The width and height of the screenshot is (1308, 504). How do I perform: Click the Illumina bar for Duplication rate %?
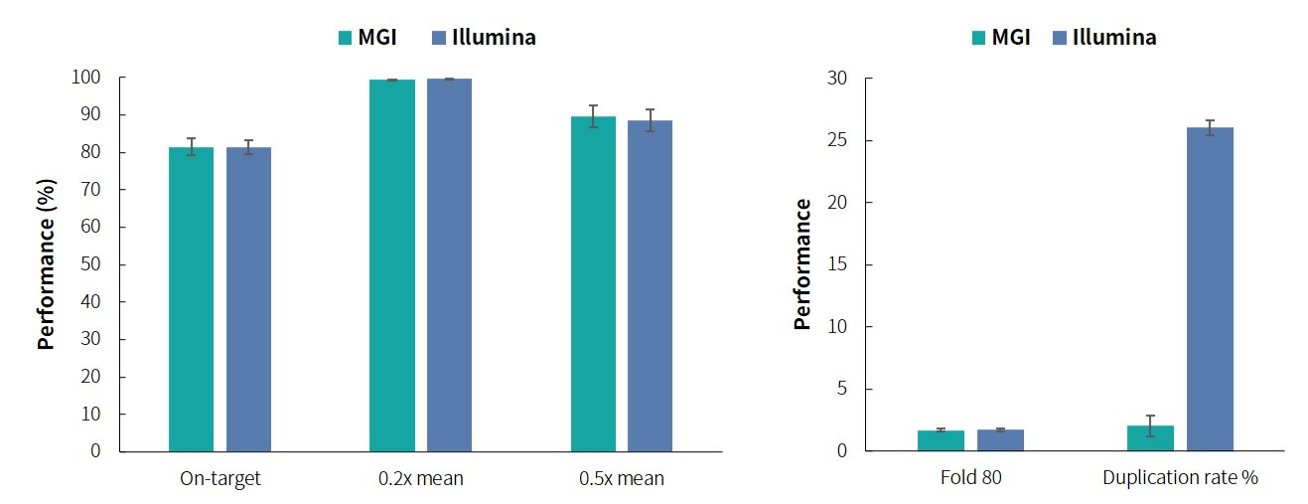click(1210, 288)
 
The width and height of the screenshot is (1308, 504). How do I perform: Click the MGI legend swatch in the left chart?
click(346, 38)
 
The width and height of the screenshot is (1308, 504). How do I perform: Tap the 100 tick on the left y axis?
click(87, 78)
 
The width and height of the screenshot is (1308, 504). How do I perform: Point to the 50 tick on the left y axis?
click(91, 264)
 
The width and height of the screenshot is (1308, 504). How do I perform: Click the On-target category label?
click(220, 478)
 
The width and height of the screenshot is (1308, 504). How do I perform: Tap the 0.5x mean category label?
click(622, 478)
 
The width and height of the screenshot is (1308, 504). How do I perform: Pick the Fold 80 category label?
click(970, 478)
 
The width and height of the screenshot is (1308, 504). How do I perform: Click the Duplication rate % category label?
click(1180, 478)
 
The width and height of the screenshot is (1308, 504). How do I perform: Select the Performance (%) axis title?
click(46, 263)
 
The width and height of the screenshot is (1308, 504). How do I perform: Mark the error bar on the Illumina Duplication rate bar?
click(1210, 127)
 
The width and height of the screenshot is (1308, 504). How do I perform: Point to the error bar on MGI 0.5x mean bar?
click(593, 116)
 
